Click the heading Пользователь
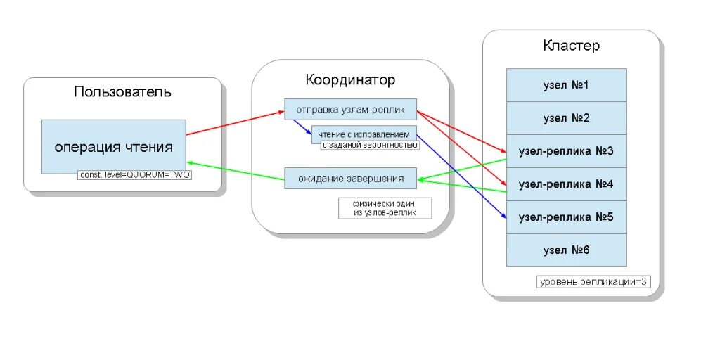click(122, 92)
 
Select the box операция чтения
click(113, 147)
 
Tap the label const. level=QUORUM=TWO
click(134, 175)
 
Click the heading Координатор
click(350, 79)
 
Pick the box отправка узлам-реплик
click(350, 109)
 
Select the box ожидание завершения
click(350, 178)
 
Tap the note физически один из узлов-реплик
click(385, 207)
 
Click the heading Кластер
click(571, 46)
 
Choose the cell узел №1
click(566, 85)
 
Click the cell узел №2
click(566, 118)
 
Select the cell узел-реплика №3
click(566, 151)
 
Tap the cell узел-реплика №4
click(566, 184)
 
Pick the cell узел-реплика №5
click(566, 217)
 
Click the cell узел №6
click(566, 250)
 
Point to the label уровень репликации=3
click(593, 282)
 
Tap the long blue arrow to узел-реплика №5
click(461, 176)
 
